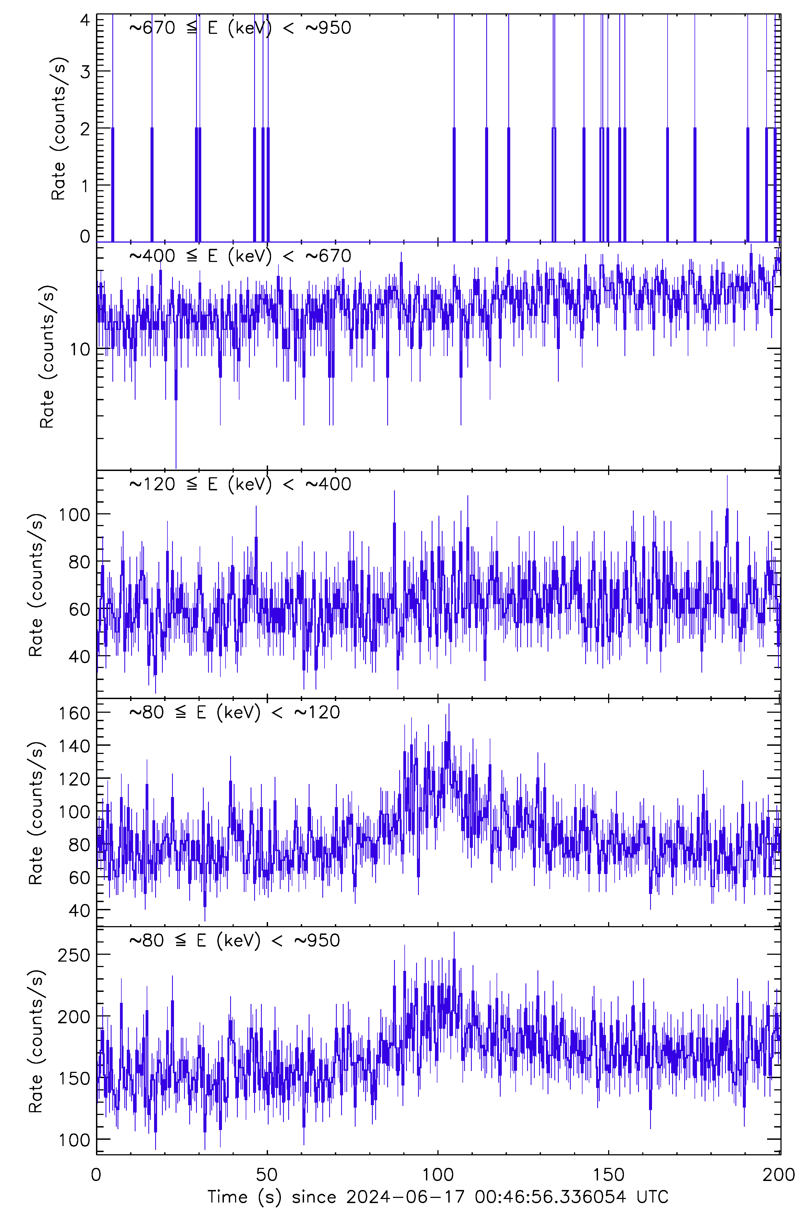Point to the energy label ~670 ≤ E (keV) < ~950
click(x=240, y=28)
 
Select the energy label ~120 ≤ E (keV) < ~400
click(x=240, y=484)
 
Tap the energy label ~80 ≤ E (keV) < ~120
click(x=234, y=712)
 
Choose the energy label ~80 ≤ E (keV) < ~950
click(x=234, y=940)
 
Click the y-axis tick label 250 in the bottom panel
click(x=74, y=955)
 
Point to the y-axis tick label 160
click(x=74, y=713)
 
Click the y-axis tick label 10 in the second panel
click(x=80, y=350)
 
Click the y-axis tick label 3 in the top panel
click(x=85, y=72)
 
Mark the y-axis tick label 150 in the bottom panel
click(x=74, y=1079)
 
